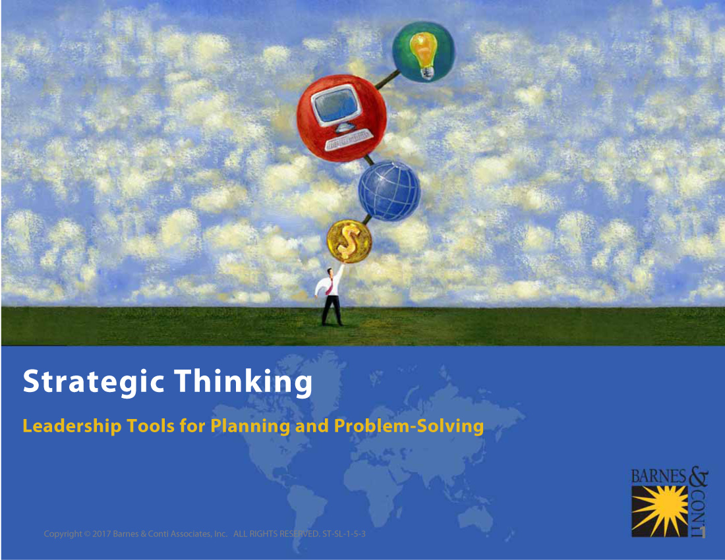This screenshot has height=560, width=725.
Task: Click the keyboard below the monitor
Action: tap(349, 140)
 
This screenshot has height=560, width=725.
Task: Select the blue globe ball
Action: tap(390, 191)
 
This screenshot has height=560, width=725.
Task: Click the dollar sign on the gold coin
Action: tap(349, 242)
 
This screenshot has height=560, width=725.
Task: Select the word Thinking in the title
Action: tap(243, 381)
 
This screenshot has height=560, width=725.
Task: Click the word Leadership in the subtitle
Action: tap(72, 426)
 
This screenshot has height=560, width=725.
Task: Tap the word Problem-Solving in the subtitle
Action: tap(409, 426)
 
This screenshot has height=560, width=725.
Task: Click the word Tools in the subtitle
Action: tap(151, 426)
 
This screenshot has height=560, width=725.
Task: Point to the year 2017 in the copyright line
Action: tap(101, 534)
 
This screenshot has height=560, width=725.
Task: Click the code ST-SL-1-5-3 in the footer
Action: tap(344, 534)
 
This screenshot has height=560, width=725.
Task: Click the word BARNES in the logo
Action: tap(659, 476)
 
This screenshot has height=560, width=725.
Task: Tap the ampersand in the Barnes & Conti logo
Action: tap(699, 476)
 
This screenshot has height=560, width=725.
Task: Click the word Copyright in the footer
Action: tap(63, 534)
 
